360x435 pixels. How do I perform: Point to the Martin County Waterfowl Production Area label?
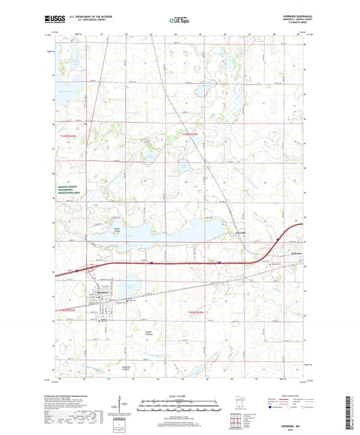68,194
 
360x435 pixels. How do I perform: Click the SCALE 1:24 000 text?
178,396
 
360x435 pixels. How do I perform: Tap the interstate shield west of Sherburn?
77,270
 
